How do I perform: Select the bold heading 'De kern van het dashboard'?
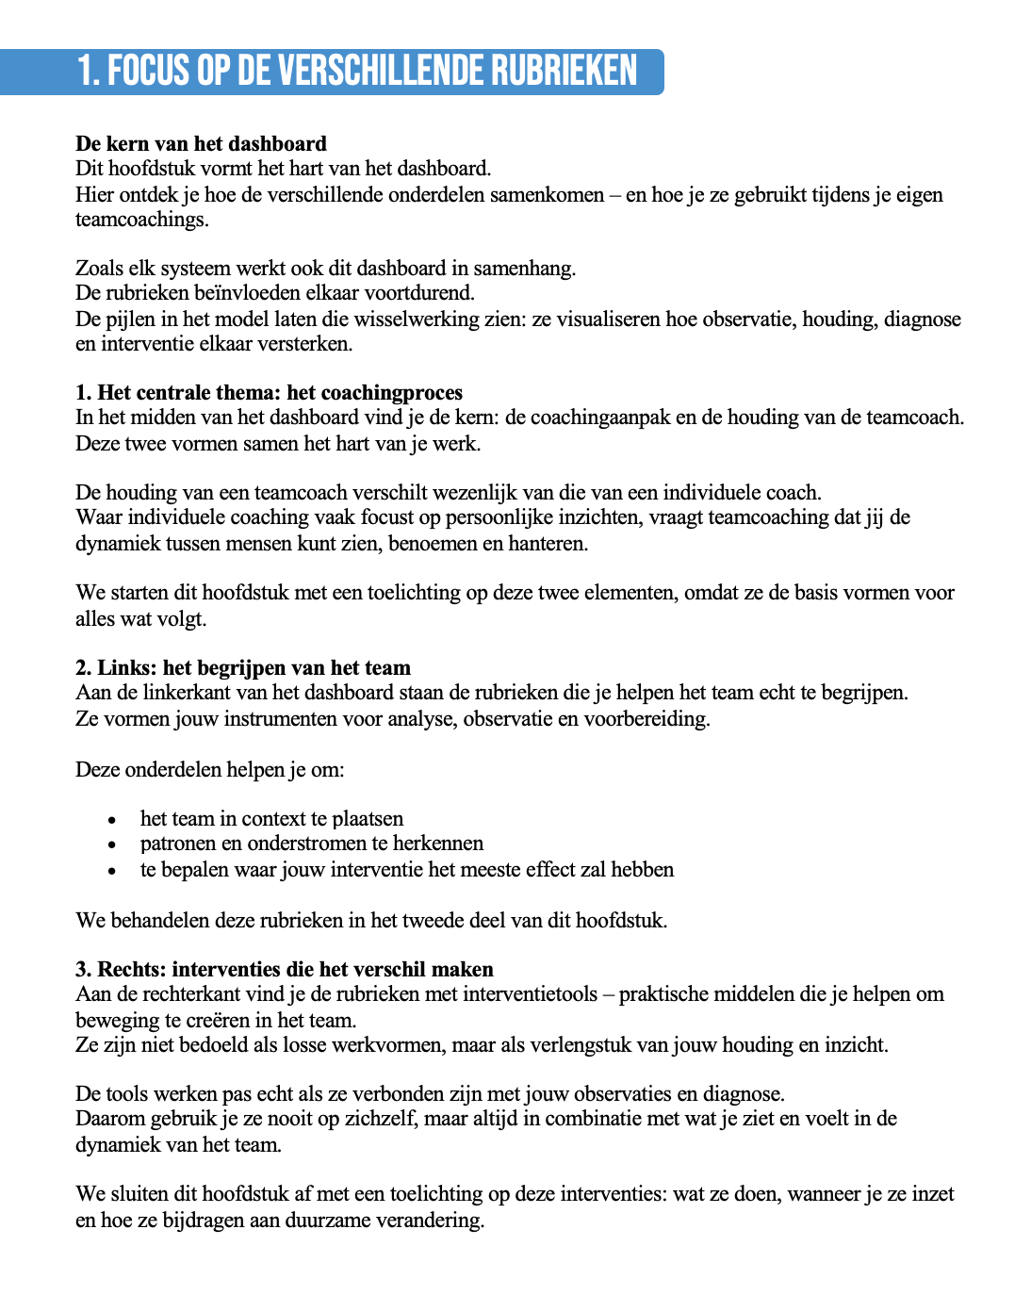(x=201, y=144)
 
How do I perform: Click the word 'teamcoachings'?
(x=140, y=220)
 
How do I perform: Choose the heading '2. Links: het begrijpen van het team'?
(x=243, y=668)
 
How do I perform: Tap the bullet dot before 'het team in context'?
(x=111, y=820)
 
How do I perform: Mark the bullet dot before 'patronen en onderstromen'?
(x=111, y=844)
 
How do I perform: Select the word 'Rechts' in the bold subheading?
(x=129, y=970)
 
